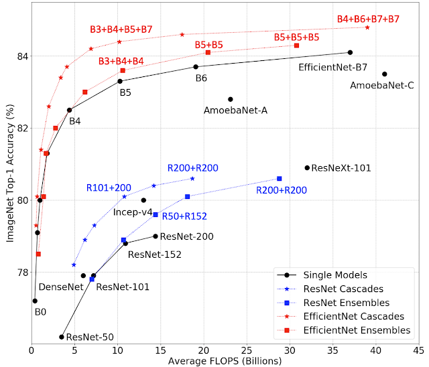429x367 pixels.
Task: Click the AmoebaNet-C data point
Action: pos(385,74)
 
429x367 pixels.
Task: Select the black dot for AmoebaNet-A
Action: pos(231,99)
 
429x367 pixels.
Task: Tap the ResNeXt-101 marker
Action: pos(307,168)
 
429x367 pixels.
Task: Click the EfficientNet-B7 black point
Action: pos(350,52)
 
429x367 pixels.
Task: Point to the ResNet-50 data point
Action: pos(62,337)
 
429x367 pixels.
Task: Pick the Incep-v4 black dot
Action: pos(143,200)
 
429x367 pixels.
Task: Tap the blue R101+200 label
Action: pos(108,188)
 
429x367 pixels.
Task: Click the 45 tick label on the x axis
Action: pos(420,350)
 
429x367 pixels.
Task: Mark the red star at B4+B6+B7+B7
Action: pos(367,27)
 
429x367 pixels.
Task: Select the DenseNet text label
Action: pos(61,287)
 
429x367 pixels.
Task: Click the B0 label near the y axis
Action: pos(41,311)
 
